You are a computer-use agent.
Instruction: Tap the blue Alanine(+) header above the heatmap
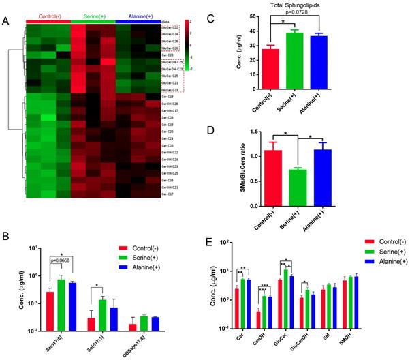(138, 14)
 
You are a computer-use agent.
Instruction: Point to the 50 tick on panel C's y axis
(249, 15)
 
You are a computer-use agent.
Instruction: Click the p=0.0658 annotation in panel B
(53, 260)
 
